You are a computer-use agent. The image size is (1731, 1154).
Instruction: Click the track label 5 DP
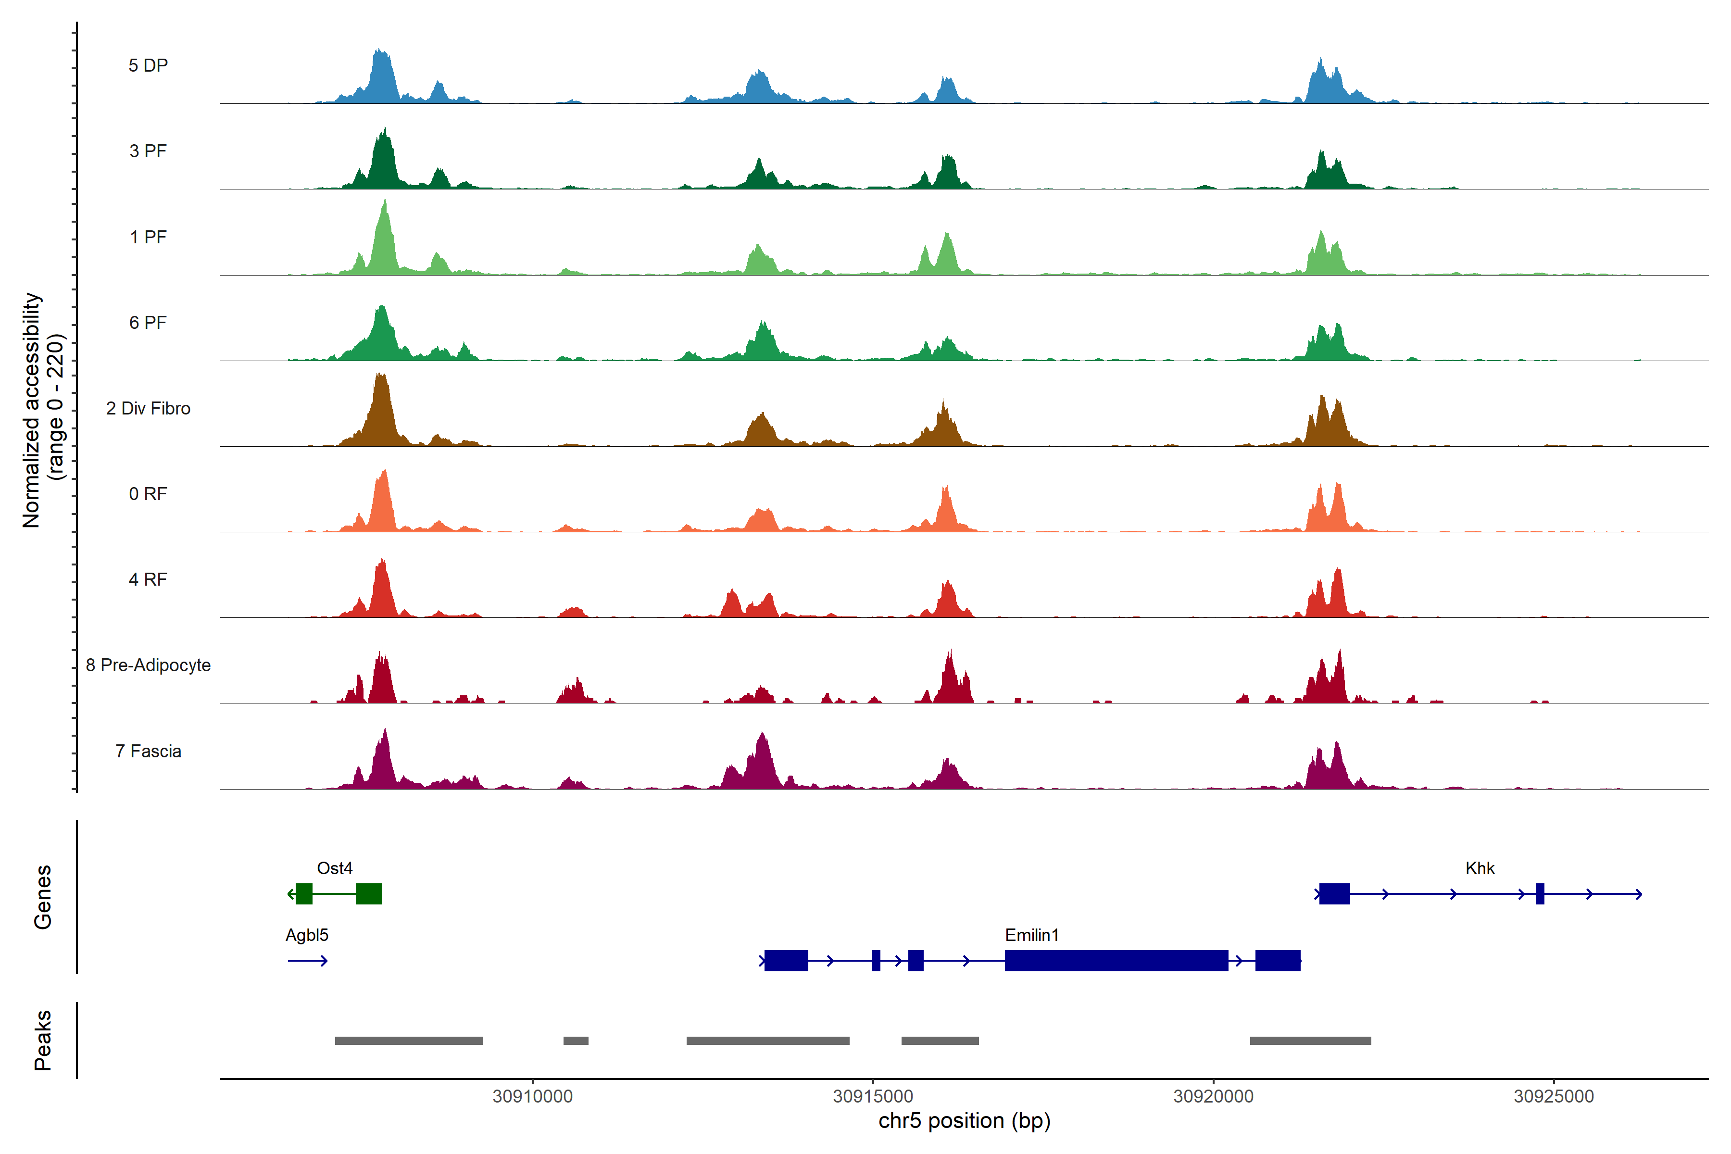point(148,65)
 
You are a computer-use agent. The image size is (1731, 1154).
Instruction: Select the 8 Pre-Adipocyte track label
point(148,665)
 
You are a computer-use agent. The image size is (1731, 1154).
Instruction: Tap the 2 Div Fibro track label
point(148,408)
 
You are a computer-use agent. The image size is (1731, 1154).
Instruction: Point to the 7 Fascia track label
point(148,752)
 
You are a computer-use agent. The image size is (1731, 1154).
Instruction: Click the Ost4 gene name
point(334,868)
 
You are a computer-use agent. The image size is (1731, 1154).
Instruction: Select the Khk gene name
point(1480,868)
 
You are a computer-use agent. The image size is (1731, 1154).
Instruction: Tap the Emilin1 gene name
point(1032,935)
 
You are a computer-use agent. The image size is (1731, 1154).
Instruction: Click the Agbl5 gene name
point(307,935)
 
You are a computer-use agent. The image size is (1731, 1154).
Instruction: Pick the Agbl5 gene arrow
point(308,960)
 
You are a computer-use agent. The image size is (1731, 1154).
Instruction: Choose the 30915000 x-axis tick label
point(873,1097)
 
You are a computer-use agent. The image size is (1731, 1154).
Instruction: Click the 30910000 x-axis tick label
point(533,1097)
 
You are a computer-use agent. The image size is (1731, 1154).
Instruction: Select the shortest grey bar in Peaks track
point(576,1041)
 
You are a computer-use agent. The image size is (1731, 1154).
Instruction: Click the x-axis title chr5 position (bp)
point(964,1121)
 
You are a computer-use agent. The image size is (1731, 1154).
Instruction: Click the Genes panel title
point(43,897)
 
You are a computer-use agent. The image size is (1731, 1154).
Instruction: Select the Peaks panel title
point(43,1040)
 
